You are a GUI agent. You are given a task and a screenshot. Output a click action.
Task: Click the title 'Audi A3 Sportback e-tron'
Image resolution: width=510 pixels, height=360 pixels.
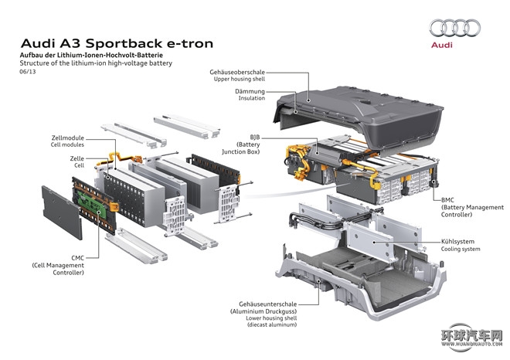[116, 43]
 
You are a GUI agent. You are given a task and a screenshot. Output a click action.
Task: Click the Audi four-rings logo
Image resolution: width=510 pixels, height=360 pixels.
[455, 29]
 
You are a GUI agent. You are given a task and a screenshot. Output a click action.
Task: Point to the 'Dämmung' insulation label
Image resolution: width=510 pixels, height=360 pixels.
[250, 90]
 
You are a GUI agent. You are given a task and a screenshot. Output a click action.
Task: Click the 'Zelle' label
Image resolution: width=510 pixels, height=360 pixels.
[76, 158]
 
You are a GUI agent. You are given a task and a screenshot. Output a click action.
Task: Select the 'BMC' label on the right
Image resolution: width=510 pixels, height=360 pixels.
[449, 199]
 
